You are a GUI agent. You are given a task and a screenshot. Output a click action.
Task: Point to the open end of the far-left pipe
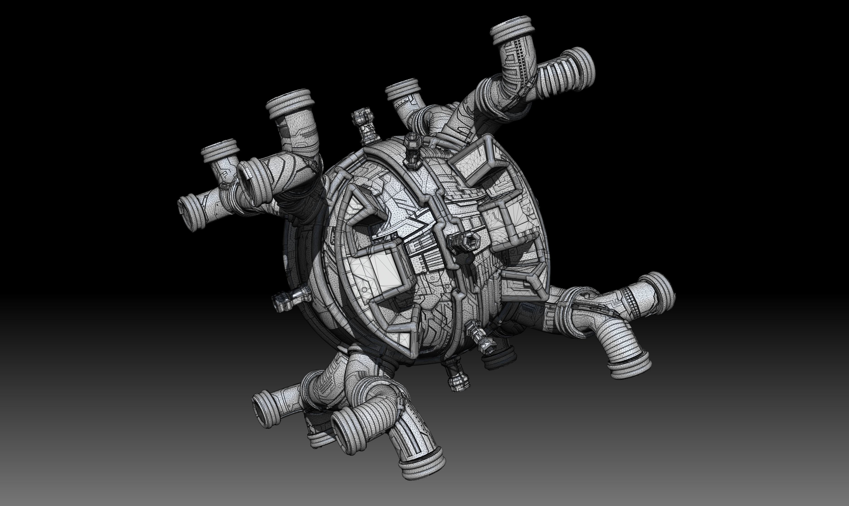pos(189,214)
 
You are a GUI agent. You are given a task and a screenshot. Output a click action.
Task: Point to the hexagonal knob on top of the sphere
pos(412,150)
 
